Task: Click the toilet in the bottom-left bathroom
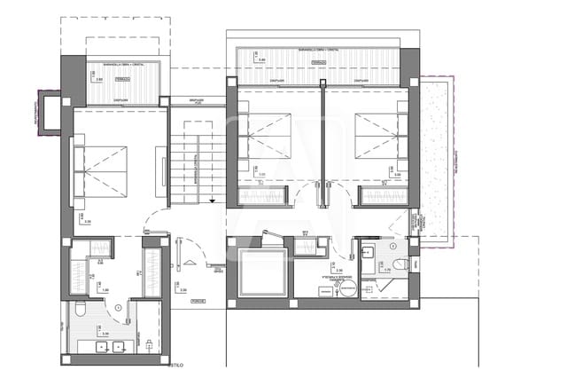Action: click(x=79, y=309)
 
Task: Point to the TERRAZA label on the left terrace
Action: click(x=124, y=79)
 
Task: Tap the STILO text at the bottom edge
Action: click(x=176, y=364)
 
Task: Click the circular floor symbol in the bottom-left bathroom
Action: click(x=119, y=307)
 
